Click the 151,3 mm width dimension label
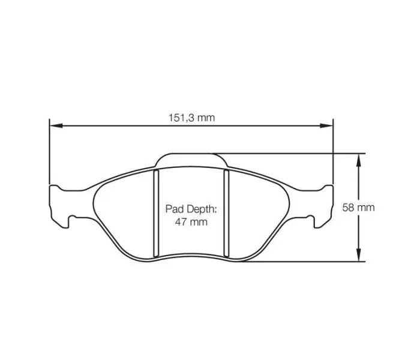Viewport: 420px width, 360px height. point(191,118)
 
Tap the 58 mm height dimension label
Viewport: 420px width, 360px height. point(358,208)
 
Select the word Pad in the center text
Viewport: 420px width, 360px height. point(175,210)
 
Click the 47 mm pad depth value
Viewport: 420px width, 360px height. point(190,222)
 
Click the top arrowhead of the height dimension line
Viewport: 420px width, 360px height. point(359,158)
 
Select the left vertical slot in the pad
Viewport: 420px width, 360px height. point(155,212)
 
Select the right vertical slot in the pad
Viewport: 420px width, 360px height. point(226,212)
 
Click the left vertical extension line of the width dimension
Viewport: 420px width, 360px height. point(49,150)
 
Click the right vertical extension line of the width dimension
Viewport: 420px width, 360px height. point(332,150)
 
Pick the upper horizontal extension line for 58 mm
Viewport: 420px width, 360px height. point(288,153)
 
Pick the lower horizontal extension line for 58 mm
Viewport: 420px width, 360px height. point(300,262)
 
